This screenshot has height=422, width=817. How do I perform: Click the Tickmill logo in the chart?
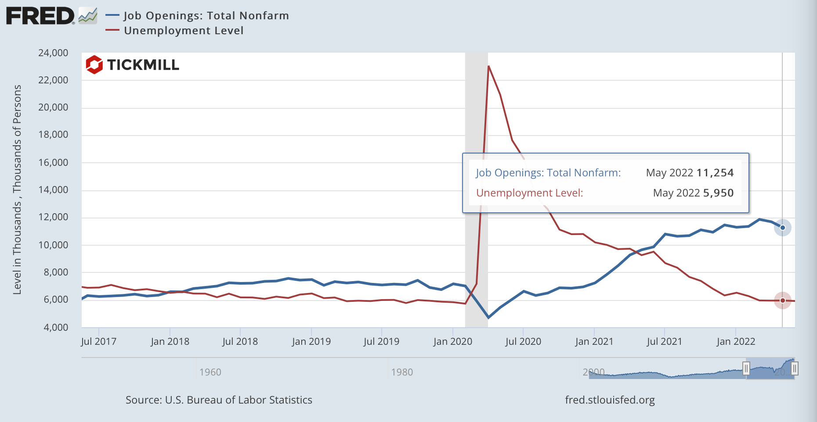[x=132, y=65]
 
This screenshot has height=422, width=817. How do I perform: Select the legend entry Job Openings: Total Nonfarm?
[x=206, y=16]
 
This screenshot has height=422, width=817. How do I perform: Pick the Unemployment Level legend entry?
[x=183, y=31]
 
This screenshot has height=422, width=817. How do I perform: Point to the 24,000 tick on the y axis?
[x=53, y=53]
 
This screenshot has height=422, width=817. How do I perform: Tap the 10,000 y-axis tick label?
[x=53, y=245]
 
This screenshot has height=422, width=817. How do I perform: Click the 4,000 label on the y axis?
[x=55, y=327]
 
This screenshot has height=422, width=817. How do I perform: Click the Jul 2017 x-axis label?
[x=99, y=341]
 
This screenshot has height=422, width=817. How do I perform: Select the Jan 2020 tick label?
[x=452, y=341]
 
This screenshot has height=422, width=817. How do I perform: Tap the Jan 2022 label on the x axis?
[x=736, y=341]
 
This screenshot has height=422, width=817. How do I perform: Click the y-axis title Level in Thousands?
[x=17, y=190]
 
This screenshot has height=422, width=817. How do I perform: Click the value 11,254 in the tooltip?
[x=715, y=173]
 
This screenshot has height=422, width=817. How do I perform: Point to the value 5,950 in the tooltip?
[x=718, y=193]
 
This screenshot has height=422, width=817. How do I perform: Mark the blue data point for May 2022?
[x=782, y=228]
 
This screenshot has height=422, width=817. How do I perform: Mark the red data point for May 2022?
[x=782, y=300]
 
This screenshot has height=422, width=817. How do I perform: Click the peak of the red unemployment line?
[x=488, y=66]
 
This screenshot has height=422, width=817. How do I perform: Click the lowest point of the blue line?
[x=488, y=318]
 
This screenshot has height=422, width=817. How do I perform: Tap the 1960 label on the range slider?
[x=210, y=372]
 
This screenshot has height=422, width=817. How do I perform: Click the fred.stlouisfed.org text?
[x=610, y=400]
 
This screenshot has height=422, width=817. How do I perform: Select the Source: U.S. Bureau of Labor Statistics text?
[x=219, y=400]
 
